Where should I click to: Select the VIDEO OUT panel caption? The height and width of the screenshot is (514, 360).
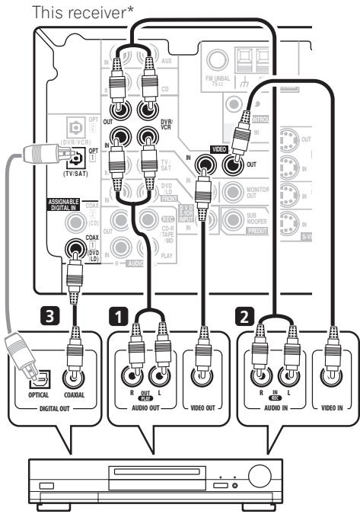[x=203, y=409]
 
